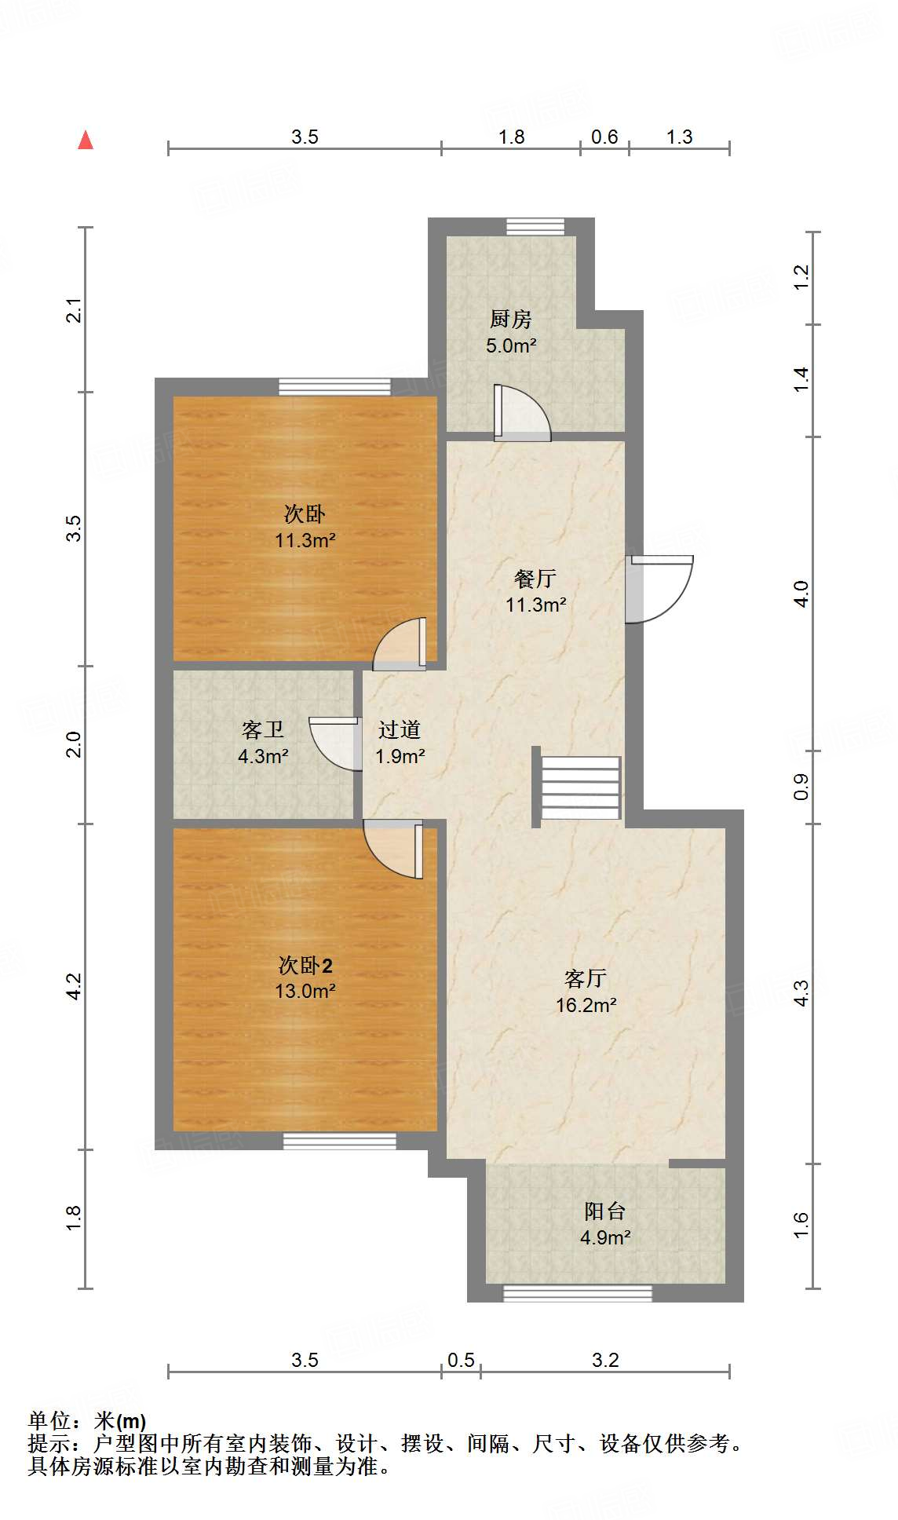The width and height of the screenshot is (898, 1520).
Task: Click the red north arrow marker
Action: click(x=86, y=141)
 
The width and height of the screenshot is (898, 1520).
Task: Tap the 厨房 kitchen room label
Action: click(x=511, y=319)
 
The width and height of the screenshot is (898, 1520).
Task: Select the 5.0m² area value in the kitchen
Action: click(x=511, y=345)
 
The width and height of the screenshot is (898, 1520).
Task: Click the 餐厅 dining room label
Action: click(x=535, y=579)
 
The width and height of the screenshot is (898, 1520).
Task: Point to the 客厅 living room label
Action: click(x=586, y=978)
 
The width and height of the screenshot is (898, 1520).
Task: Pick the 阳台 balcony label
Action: click(x=605, y=1211)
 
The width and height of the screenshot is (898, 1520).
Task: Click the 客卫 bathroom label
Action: click(x=263, y=730)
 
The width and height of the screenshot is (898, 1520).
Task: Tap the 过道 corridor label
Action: click(x=400, y=730)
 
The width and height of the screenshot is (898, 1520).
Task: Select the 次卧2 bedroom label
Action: click(x=305, y=965)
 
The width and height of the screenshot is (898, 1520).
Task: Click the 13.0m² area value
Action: click(x=305, y=991)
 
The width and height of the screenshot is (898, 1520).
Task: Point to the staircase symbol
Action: click(x=582, y=787)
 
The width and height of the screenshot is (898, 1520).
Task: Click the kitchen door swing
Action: click(x=520, y=413)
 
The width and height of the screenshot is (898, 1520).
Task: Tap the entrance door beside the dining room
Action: click(x=659, y=588)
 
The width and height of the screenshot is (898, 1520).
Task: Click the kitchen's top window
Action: click(x=535, y=227)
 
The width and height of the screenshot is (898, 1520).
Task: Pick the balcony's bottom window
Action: click(x=578, y=1292)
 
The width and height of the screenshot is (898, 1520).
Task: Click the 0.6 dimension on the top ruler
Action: click(x=604, y=137)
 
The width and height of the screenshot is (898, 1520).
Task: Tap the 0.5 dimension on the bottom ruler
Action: click(x=461, y=1360)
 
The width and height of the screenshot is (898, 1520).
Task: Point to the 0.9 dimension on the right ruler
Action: click(x=801, y=787)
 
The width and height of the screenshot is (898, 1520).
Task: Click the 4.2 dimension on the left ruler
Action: click(x=73, y=986)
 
